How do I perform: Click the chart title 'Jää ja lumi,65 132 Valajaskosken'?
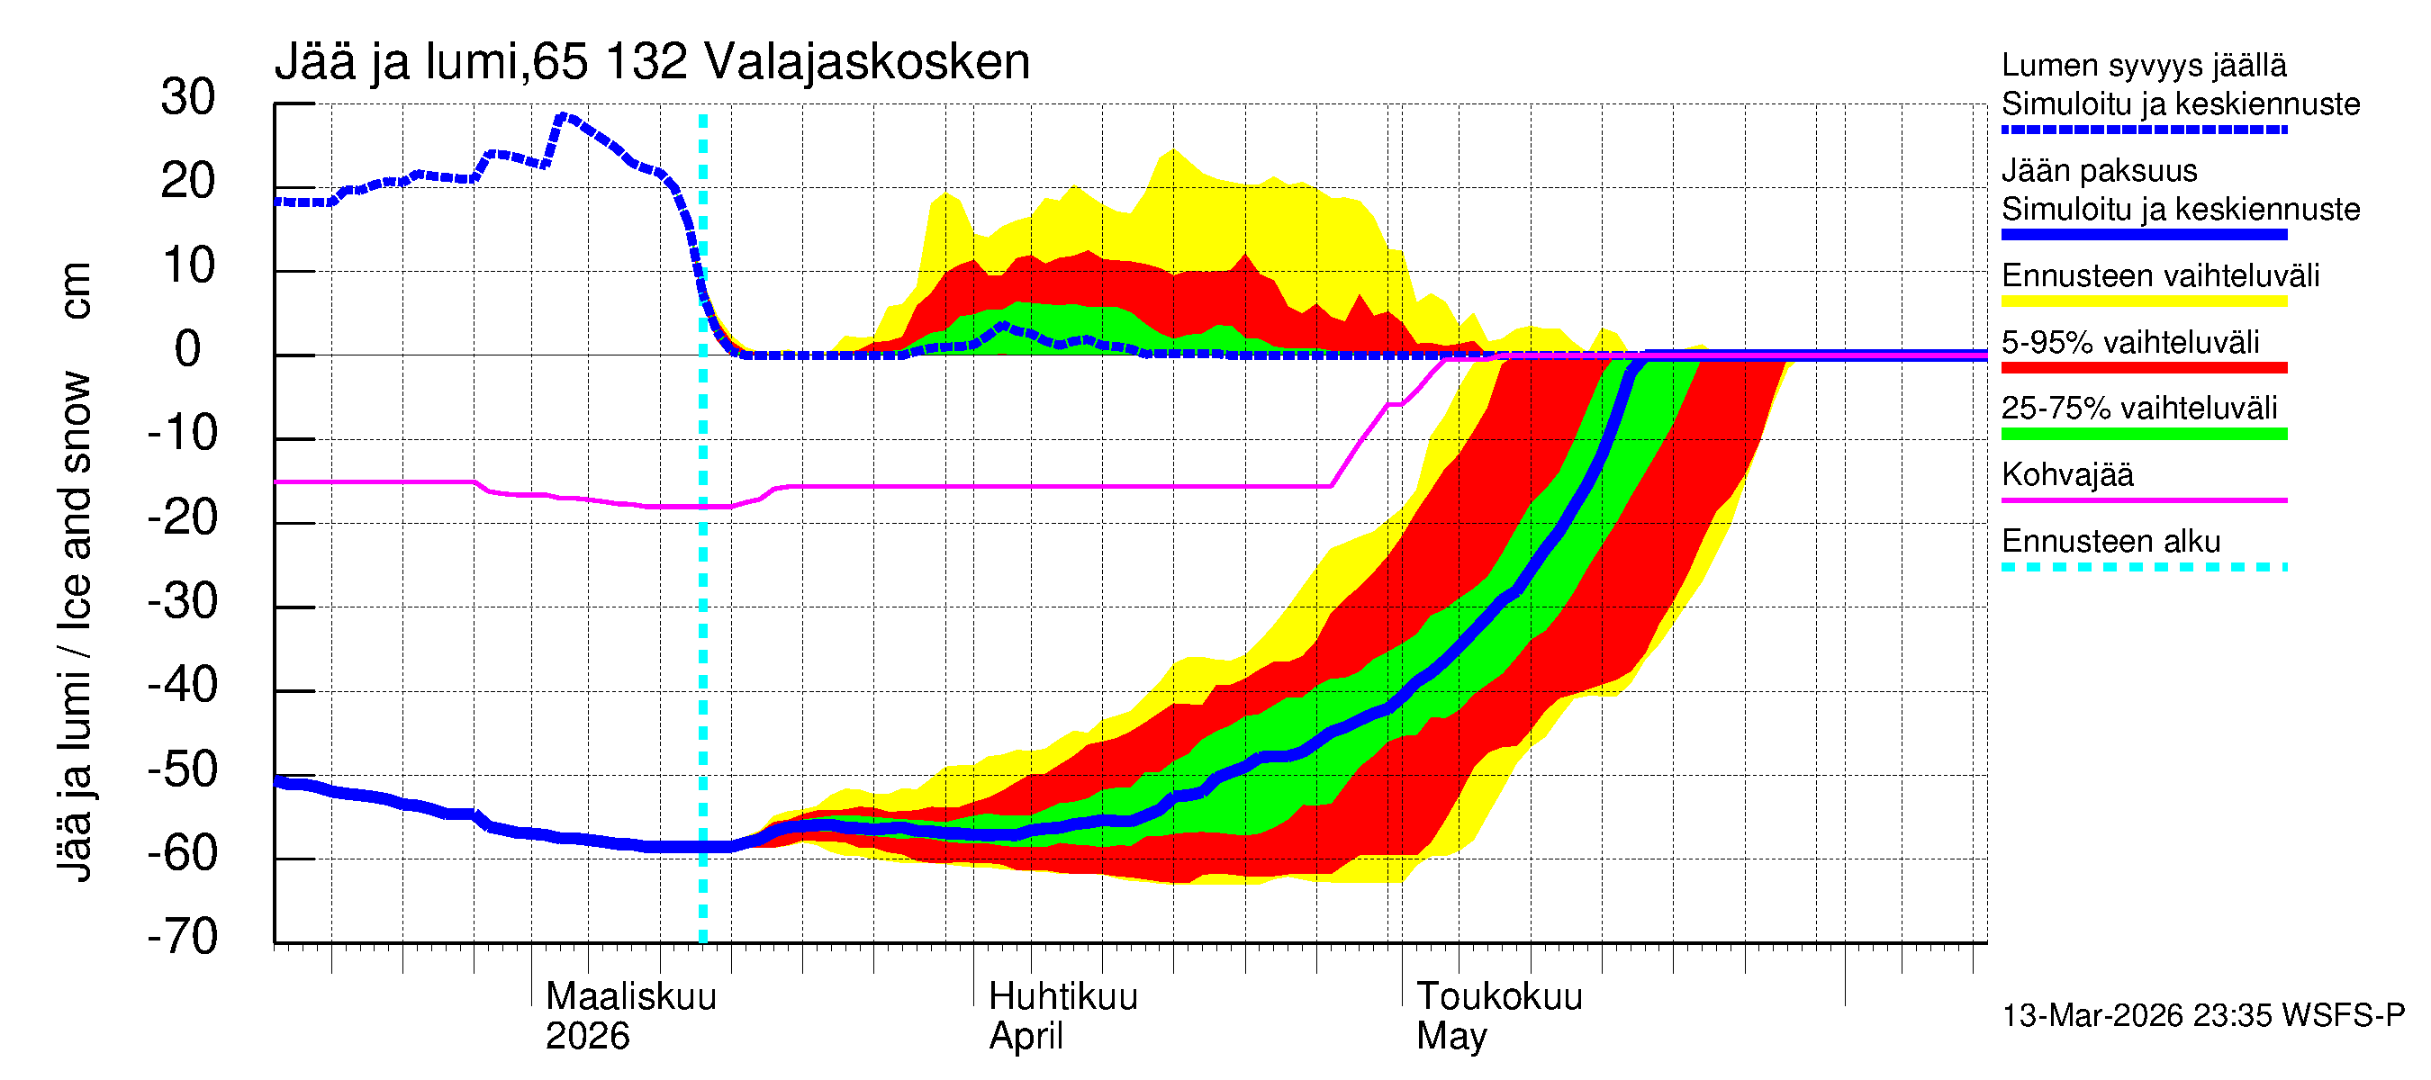tap(651, 62)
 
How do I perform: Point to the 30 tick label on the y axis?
tap(188, 98)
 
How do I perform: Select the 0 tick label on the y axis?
tap(188, 350)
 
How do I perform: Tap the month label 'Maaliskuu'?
tap(630, 997)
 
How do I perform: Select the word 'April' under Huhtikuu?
tap(1026, 1037)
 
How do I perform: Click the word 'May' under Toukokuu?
tap(1451, 1037)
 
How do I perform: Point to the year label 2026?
tap(587, 1037)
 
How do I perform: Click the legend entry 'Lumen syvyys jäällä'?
tap(2143, 66)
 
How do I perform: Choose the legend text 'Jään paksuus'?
tap(2099, 171)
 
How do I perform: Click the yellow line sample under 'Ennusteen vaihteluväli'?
tap(2143, 301)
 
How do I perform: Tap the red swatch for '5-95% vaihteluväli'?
tap(2143, 368)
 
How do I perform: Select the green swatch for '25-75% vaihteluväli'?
tap(2143, 434)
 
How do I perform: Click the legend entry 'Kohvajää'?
tap(2066, 474)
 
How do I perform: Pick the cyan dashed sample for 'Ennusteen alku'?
tap(2143, 567)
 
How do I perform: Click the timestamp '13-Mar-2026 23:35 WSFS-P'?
tap(2202, 1016)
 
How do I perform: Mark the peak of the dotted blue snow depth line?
tap(564, 117)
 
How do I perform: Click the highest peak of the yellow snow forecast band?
tap(1173, 150)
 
